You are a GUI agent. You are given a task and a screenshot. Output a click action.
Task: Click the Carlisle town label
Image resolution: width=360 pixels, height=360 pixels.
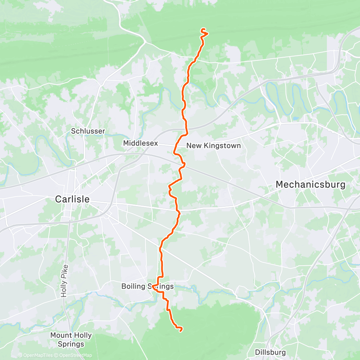click(72, 199)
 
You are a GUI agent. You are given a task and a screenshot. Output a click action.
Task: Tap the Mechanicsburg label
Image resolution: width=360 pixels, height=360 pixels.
click(310, 185)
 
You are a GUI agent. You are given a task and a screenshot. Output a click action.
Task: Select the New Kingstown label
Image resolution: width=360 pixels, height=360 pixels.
click(213, 146)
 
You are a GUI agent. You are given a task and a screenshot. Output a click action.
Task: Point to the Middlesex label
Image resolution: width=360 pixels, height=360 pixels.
click(140, 143)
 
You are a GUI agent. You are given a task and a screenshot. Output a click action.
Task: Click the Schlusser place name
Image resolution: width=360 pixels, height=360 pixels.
click(88, 131)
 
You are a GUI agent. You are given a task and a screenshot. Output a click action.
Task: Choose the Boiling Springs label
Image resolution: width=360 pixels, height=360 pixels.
click(147, 287)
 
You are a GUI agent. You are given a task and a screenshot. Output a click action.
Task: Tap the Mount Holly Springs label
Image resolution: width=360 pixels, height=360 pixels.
click(71, 339)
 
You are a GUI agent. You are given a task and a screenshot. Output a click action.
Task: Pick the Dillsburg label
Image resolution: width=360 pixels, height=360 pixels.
click(270, 352)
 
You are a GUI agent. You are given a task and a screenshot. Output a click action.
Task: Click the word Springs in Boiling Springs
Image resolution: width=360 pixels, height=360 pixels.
click(161, 287)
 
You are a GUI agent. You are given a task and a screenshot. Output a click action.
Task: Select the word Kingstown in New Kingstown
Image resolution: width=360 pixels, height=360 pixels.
click(220, 146)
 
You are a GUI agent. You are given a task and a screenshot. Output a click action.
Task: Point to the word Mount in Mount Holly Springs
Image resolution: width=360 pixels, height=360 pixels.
click(60, 335)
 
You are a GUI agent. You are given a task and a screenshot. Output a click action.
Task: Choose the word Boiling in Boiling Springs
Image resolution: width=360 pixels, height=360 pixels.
click(134, 287)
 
